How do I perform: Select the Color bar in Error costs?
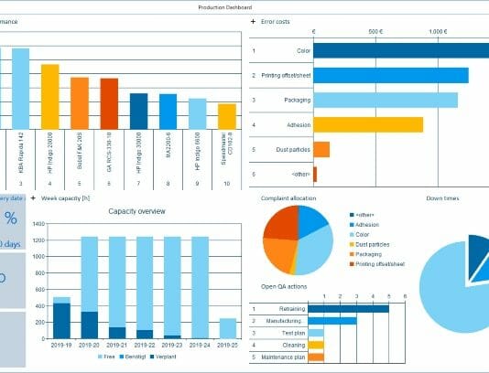tap(403, 51)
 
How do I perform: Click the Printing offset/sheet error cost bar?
tap(391, 75)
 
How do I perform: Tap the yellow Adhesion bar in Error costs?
tap(368, 124)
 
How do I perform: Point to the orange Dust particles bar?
tap(321, 149)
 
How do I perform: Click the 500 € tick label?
tap(375, 31)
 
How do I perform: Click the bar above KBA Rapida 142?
tap(20, 88)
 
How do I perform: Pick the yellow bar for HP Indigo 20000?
tap(49, 96)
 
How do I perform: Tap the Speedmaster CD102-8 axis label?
tap(224, 147)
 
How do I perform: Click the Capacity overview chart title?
tap(136, 211)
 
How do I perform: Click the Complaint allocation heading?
tap(289, 197)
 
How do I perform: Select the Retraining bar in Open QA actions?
tap(349, 308)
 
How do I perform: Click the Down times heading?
tap(442, 197)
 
